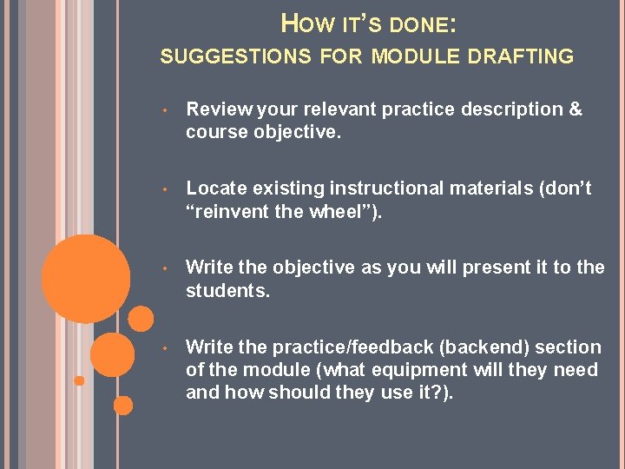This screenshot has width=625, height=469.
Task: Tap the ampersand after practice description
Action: [574, 109]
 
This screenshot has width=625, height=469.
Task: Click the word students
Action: [227, 290]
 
